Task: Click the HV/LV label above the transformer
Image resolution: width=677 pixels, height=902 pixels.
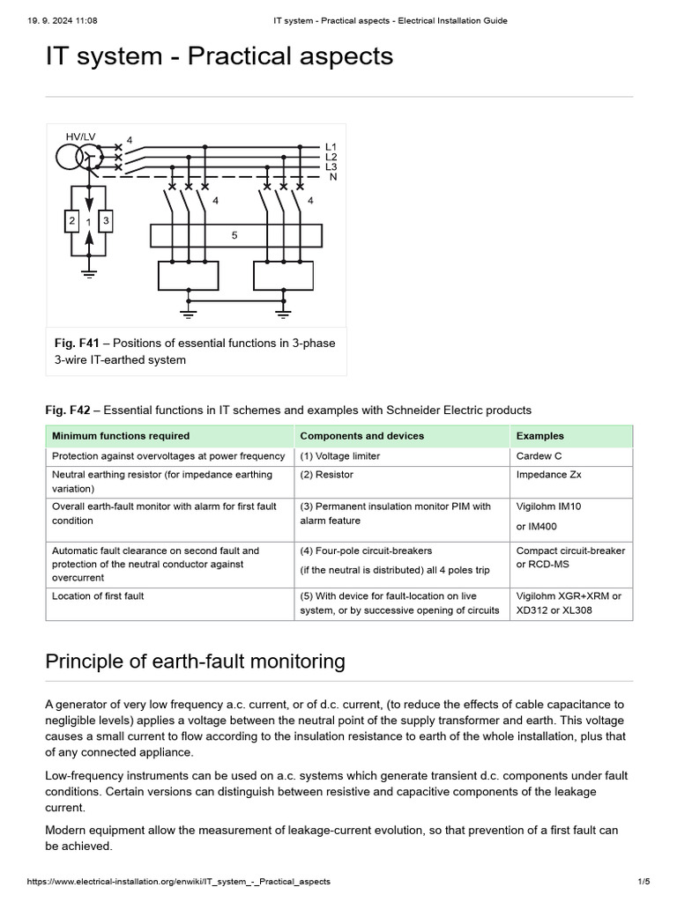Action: pos(81,137)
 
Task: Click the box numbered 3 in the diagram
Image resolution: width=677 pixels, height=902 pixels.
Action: pos(106,221)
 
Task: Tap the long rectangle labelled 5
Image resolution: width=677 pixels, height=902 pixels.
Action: pos(234,236)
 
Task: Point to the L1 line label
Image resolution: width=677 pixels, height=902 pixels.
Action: pos(331,146)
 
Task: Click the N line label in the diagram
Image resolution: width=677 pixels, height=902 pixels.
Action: pos(332,177)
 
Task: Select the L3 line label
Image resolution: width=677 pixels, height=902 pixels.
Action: pos(331,166)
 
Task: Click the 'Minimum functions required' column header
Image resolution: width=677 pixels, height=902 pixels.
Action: pos(121,436)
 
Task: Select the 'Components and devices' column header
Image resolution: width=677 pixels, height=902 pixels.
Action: pos(361,436)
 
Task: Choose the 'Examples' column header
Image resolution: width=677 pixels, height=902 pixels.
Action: pos(539,436)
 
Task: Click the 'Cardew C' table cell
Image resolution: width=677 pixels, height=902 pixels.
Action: pos(539,456)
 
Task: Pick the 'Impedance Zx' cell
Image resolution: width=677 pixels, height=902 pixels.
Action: pos(548,475)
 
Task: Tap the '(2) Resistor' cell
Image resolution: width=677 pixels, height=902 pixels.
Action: pos(327,475)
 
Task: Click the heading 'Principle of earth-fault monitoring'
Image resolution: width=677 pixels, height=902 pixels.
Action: pos(195,661)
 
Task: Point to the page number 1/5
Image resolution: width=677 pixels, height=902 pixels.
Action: pos(643,882)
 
